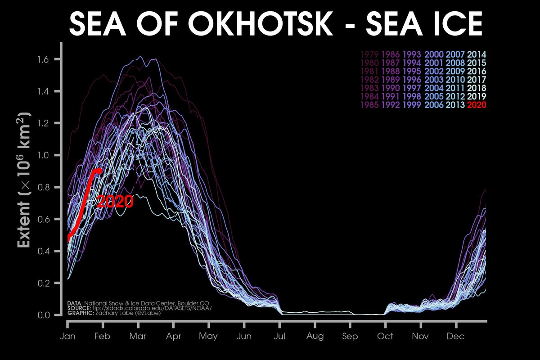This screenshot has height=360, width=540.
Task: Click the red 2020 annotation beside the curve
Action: click(x=115, y=202)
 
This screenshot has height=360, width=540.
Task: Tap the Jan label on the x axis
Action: click(x=67, y=337)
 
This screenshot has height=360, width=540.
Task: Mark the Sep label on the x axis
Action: click(x=350, y=337)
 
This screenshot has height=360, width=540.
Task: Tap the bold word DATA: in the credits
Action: click(x=75, y=303)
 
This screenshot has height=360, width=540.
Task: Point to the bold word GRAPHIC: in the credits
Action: click(x=80, y=313)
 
